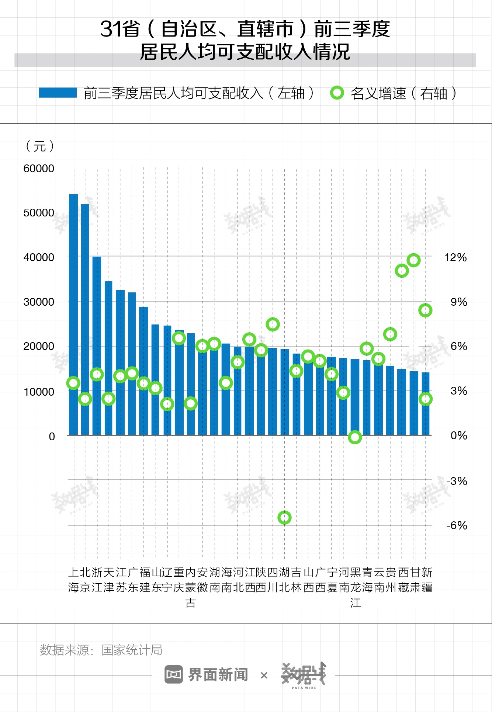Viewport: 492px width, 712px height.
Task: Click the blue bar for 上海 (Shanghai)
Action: pos(73,313)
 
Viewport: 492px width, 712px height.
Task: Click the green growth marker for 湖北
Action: pos(284,518)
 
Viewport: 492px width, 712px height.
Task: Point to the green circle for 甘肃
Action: pos(414,260)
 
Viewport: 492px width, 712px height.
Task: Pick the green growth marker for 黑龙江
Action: pos(355,437)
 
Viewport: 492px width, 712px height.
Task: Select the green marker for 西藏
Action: pos(402,271)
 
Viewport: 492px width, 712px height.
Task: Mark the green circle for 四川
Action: pos(273,324)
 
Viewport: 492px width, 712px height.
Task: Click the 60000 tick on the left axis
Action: pos(39,169)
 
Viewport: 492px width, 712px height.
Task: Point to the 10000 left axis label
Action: pos(39,392)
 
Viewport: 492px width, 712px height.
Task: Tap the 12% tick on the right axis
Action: pos(455,257)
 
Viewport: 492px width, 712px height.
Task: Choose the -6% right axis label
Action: pos(457,525)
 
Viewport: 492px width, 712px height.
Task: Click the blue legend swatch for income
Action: pos(58,93)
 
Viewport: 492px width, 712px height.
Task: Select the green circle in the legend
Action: pos(337,93)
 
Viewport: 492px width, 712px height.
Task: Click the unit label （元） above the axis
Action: pos(40,146)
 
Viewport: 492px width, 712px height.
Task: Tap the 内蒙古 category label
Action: pos(191,587)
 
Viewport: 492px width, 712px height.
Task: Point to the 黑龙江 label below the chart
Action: pos(355,587)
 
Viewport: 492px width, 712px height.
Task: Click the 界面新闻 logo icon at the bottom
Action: pos(174,675)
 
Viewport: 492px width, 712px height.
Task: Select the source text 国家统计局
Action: pos(132,650)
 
